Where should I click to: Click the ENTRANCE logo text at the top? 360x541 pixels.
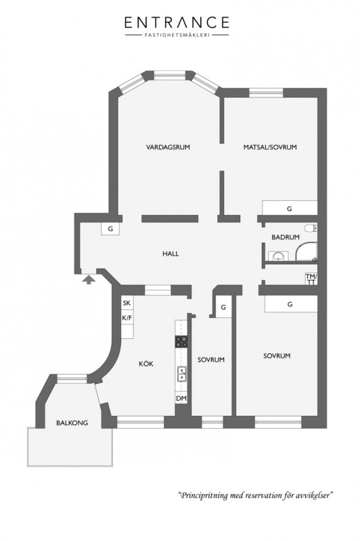pos(177,22)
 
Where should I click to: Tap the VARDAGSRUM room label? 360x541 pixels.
pos(168,147)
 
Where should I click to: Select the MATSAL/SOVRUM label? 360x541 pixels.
pos(270,147)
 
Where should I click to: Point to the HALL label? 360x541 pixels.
pos(171,254)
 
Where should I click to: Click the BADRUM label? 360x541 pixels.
pos(286,237)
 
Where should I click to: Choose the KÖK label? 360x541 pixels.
pos(146,364)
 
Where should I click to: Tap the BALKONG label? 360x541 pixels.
pos(72,423)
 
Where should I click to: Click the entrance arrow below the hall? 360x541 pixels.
pos(89,279)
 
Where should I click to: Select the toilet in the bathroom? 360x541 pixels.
pos(311,228)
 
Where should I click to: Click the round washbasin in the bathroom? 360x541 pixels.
pos(278,256)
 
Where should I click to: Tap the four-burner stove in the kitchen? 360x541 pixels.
pos(181,342)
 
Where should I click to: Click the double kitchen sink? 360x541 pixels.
pos(181,374)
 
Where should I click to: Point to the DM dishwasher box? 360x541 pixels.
pos(181,398)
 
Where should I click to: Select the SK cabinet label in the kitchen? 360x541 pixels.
pos(127,303)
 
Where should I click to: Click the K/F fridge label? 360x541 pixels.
pos(127,318)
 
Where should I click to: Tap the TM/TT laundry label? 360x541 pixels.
pos(311,279)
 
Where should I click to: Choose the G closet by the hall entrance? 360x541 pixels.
pos(110,229)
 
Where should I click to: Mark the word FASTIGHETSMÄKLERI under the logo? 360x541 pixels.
pos(177,35)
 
